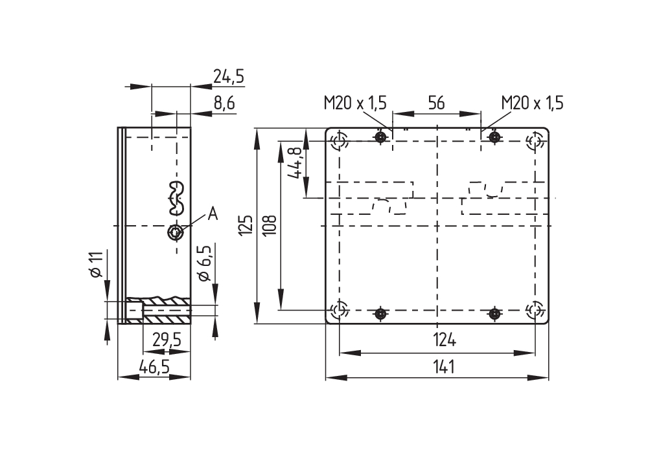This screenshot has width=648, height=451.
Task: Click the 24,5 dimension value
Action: (x=228, y=78)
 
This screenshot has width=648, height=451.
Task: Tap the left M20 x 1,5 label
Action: (x=355, y=103)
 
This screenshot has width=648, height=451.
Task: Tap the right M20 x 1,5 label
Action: (x=532, y=103)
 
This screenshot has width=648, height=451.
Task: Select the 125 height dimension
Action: (x=245, y=226)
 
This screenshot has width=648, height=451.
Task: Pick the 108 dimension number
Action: (x=270, y=225)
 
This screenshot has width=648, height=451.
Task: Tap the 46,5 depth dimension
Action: (x=154, y=366)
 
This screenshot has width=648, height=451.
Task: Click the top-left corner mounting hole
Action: (x=340, y=140)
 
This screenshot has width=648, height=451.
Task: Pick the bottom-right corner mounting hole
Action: (x=535, y=310)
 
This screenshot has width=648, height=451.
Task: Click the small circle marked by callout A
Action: (x=174, y=232)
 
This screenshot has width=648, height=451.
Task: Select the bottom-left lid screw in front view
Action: (x=381, y=314)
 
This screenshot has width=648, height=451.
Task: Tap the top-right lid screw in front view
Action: (x=494, y=137)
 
